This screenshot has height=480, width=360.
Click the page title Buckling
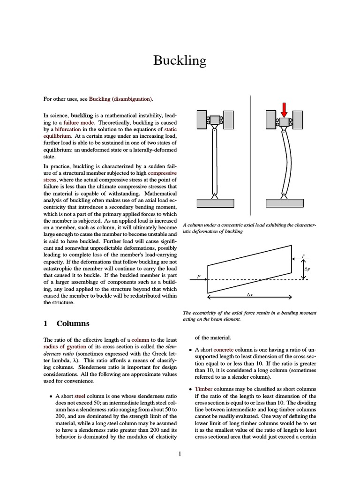(180, 61)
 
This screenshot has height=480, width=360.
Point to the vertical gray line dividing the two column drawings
(251, 155)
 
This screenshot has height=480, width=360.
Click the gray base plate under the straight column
(215, 203)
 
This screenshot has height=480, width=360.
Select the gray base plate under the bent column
(284, 203)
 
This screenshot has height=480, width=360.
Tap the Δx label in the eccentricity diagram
(249, 295)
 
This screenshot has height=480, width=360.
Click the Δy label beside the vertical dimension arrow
(307, 269)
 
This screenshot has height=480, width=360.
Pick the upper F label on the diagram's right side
(303, 256)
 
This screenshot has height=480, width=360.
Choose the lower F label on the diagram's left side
(199, 277)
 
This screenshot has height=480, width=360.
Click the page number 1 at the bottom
(180, 453)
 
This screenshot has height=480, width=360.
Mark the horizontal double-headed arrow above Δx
(249, 297)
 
